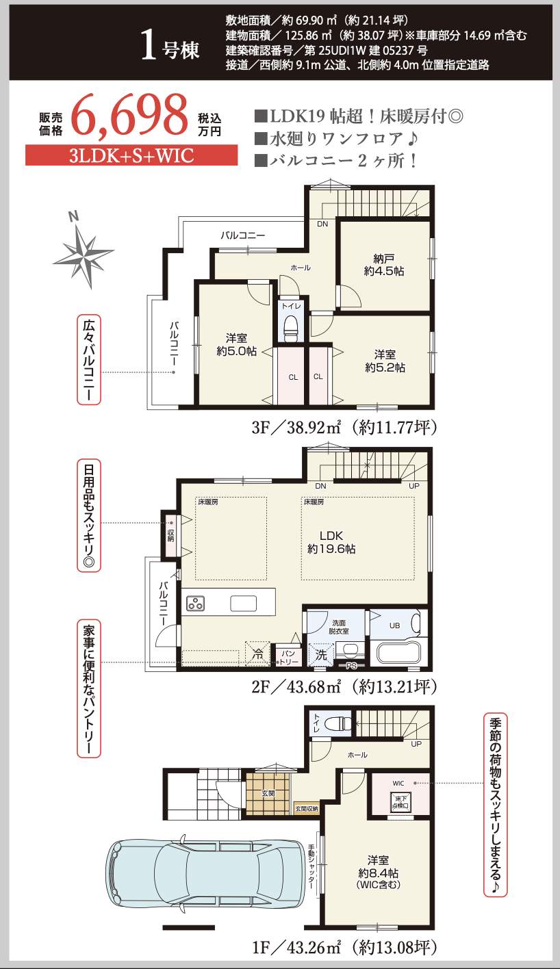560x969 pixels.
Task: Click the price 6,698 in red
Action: [x=129, y=116]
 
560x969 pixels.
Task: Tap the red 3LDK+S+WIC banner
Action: [x=131, y=155]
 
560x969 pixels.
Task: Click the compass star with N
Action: [x=84, y=253]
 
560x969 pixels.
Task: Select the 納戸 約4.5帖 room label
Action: [x=384, y=265]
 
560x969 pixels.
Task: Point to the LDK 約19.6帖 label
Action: [x=331, y=542]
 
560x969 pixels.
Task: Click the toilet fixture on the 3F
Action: [x=291, y=328]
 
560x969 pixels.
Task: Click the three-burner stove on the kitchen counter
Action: [x=196, y=604]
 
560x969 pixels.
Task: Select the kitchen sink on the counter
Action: [x=243, y=604]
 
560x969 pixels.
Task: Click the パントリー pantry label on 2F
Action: [x=289, y=658]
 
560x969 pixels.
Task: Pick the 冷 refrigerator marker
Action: [x=257, y=654]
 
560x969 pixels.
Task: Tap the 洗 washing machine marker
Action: [x=321, y=655]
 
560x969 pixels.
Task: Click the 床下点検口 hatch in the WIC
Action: [x=400, y=802]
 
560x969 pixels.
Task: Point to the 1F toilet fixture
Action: [x=338, y=723]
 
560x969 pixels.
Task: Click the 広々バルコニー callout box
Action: [x=89, y=359]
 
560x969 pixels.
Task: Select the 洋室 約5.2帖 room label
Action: [x=385, y=361]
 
